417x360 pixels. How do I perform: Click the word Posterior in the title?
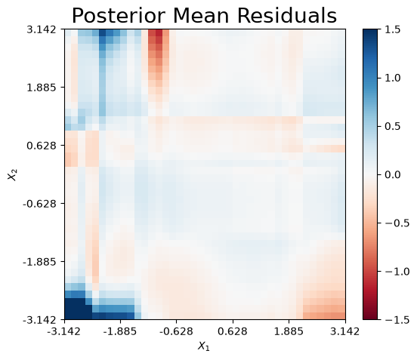(x=120, y=16)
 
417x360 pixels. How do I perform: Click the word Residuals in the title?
(x=287, y=16)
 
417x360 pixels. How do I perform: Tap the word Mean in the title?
(x=201, y=16)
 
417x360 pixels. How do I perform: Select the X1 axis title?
(x=203, y=346)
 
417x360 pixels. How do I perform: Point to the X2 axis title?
(x=13, y=174)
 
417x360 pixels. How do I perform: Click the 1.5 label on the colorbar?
(x=393, y=29)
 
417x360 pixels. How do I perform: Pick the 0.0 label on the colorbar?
(x=393, y=174)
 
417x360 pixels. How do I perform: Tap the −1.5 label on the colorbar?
(x=397, y=319)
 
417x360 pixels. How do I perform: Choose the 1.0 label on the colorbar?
(x=393, y=78)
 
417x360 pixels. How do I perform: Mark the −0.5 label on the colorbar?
(x=397, y=223)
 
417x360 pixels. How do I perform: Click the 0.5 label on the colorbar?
(x=393, y=127)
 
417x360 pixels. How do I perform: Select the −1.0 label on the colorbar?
(x=397, y=271)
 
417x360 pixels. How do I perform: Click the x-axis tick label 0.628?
(x=233, y=331)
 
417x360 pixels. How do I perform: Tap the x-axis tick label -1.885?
(x=120, y=331)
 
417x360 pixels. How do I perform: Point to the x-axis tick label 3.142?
(x=345, y=331)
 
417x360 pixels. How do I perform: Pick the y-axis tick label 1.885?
(x=42, y=88)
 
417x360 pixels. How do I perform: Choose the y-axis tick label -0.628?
(x=39, y=204)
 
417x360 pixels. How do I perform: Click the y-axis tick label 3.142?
(x=42, y=29)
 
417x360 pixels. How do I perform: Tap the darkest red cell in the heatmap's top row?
(x=159, y=33)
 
